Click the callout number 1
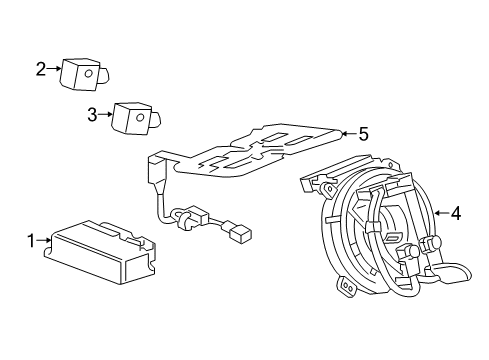point(31,239)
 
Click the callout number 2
point(41,69)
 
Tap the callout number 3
point(91,115)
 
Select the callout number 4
point(455,212)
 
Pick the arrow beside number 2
point(54,69)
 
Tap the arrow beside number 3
point(104,115)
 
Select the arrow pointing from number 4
point(441,212)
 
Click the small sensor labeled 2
point(81,73)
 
